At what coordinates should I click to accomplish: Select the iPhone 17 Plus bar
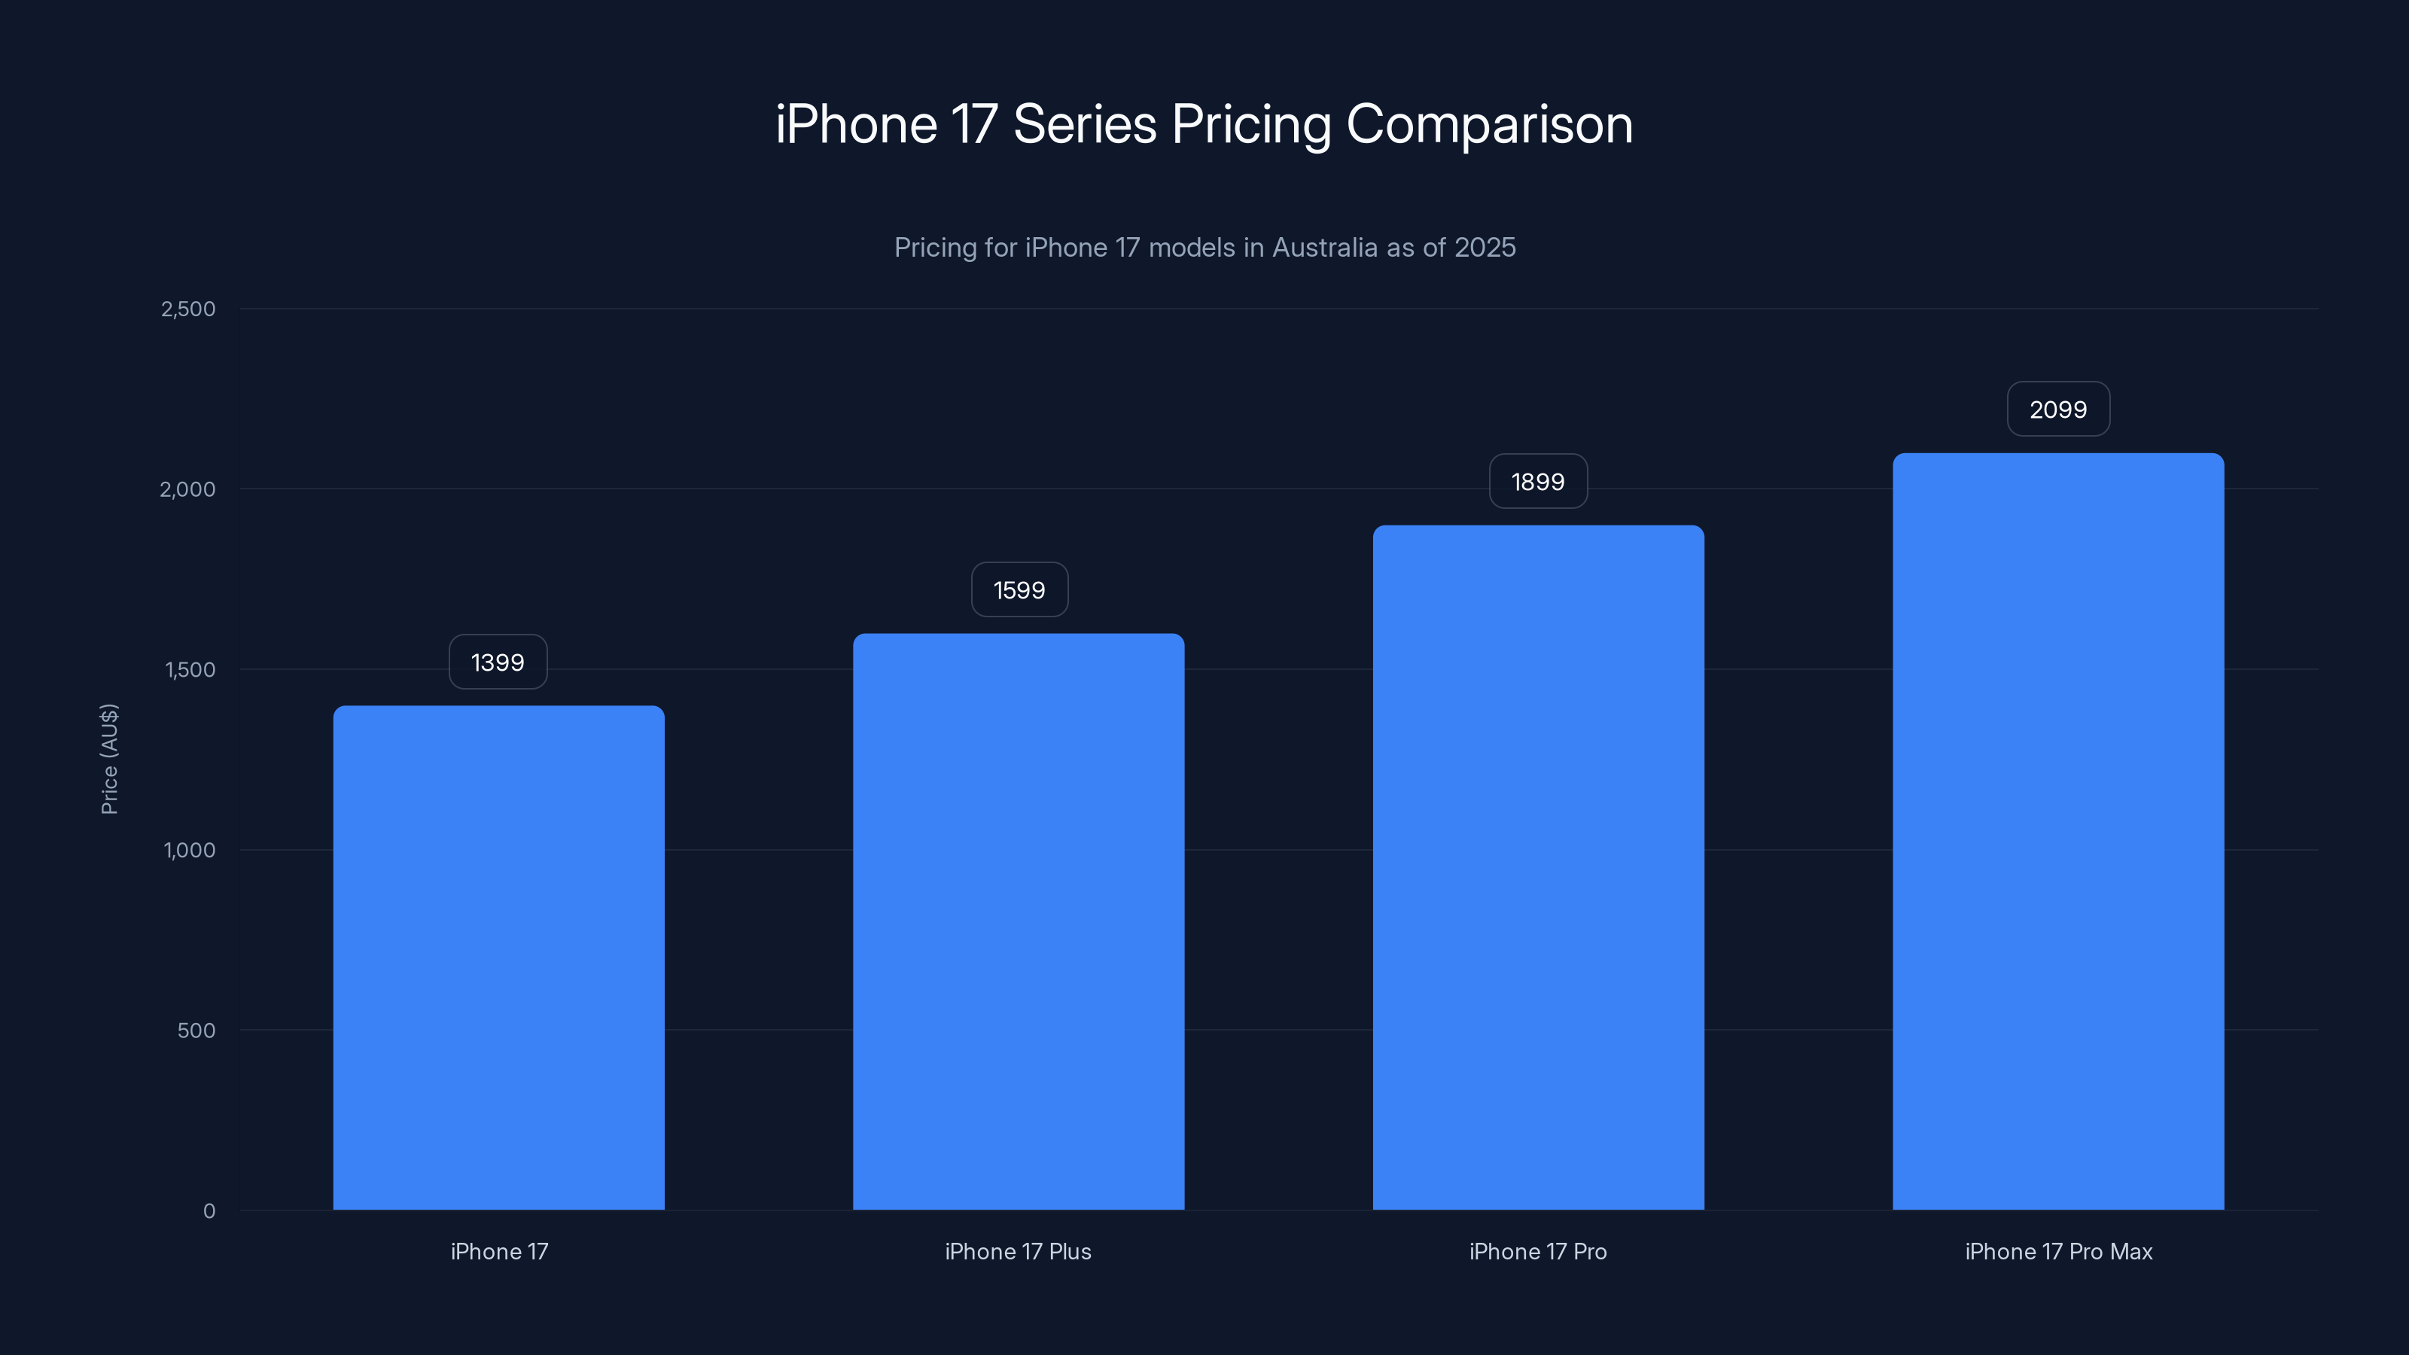pyautogui.click(x=1019, y=921)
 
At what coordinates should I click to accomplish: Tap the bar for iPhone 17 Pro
pyautogui.click(x=1538, y=867)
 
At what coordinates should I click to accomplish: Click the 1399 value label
pyautogui.click(x=498, y=662)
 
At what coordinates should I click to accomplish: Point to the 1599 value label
pyautogui.click(x=1019, y=590)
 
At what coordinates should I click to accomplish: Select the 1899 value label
pyautogui.click(x=1538, y=482)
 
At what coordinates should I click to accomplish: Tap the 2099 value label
pyautogui.click(x=2058, y=410)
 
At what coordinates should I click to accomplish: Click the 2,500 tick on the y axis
pyautogui.click(x=188, y=309)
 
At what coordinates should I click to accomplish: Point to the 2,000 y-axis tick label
pyautogui.click(x=188, y=489)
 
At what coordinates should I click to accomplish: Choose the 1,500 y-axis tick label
pyautogui.click(x=190, y=669)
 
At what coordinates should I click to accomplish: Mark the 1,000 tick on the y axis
pyautogui.click(x=190, y=850)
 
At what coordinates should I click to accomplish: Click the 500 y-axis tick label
pyautogui.click(x=196, y=1031)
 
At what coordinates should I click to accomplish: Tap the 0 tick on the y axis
pyautogui.click(x=209, y=1211)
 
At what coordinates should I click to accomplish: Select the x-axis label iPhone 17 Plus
pyautogui.click(x=1019, y=1251)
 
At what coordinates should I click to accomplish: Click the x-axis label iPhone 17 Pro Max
pyautogui.click(x=2058, y=1251)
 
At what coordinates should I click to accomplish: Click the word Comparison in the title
pyautogui.click(x=1489, y=124)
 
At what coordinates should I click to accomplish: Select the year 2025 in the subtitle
pyautogui.click(x=1485, y=248)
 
